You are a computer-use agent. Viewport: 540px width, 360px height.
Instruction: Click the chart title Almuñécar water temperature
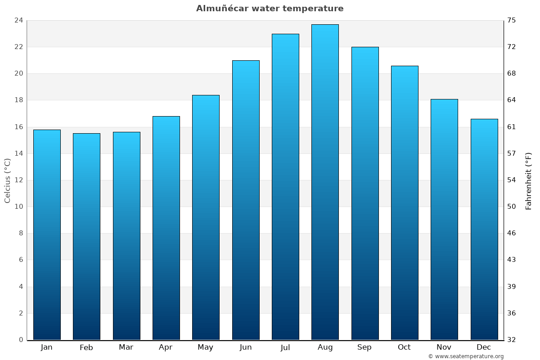click(270, 9)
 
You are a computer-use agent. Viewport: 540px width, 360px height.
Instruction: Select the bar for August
click(325, 182)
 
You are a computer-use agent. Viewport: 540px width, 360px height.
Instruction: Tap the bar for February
click(86, 236)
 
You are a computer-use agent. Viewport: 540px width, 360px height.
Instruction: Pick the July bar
click(285, 187)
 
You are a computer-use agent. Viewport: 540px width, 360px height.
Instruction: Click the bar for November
click(444, 219)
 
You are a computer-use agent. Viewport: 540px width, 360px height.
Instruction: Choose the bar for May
click(206, 217)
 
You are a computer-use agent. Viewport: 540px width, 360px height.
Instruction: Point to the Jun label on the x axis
click(246, 347)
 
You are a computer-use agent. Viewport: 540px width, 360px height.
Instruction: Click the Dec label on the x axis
click(484, 347)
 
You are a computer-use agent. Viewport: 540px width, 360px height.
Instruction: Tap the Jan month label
click(47, 347)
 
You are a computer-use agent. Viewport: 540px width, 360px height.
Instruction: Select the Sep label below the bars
click(364, 347)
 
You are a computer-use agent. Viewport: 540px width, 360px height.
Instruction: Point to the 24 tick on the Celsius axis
click(18, 20)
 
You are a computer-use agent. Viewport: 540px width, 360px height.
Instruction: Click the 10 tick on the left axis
click(18, 207)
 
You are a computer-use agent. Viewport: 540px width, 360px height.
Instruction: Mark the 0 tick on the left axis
click(21, 340)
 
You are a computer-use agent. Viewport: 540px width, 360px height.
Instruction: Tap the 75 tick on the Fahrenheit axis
click(512, 20)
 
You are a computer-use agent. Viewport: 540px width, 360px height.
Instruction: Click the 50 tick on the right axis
click(512, 207)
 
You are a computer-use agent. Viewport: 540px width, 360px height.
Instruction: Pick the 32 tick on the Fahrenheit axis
click(512, 340)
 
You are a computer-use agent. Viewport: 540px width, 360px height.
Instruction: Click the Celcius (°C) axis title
click(7, 180)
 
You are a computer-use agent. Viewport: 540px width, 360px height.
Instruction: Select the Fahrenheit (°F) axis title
click(529, 180)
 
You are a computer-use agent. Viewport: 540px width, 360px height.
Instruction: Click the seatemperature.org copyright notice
click(466, 356)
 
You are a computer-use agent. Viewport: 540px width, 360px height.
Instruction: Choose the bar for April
click(166, 228)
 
